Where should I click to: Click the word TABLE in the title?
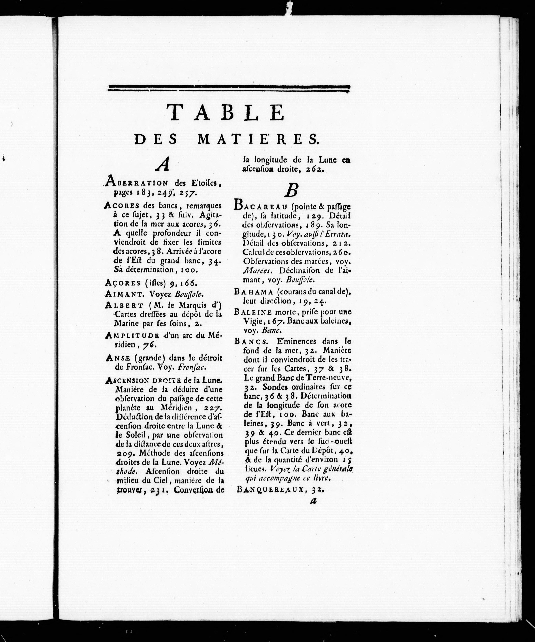(227, 112)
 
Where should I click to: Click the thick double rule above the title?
(229, 88)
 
